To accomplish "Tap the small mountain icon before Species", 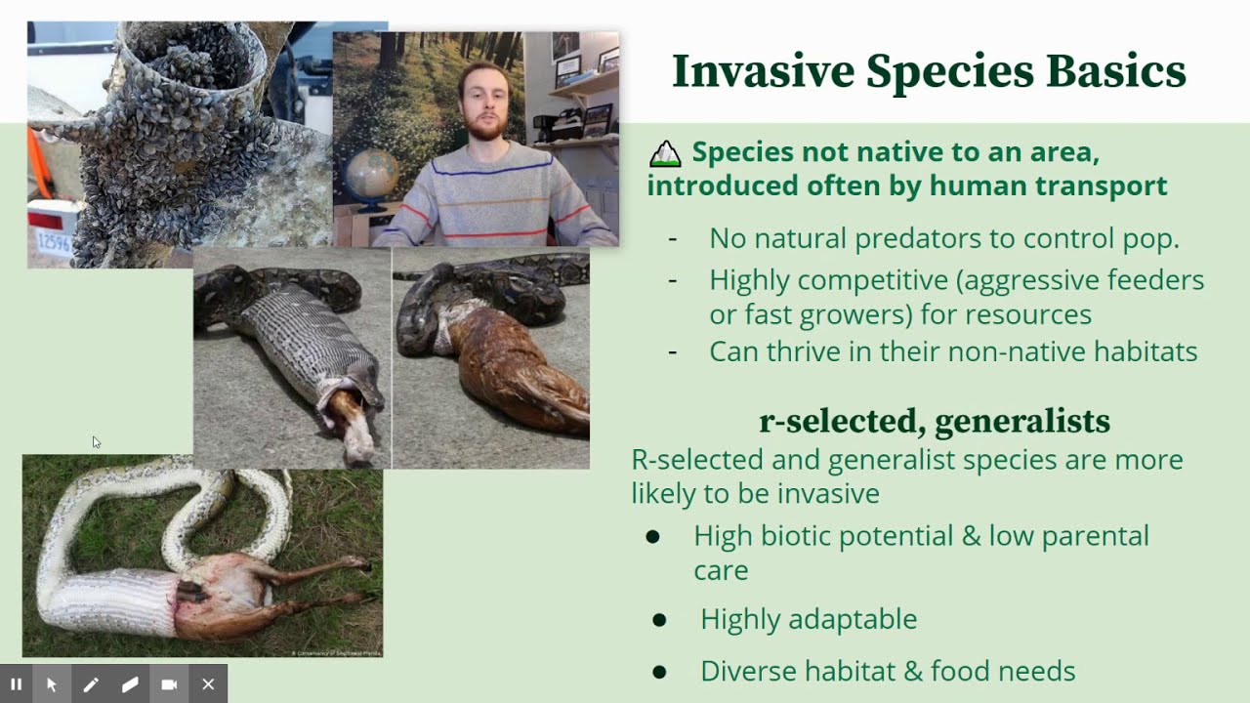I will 665,153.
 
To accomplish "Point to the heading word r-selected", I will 841,421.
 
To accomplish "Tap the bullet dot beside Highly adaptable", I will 659,620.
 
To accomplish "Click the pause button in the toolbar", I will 17,684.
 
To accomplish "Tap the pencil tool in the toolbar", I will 91,684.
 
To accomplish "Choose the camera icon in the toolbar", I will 169,684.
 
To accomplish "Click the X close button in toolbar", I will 208,684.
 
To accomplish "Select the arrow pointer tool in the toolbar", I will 52,684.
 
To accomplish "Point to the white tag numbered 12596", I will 51,240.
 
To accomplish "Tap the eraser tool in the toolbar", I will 130,684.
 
